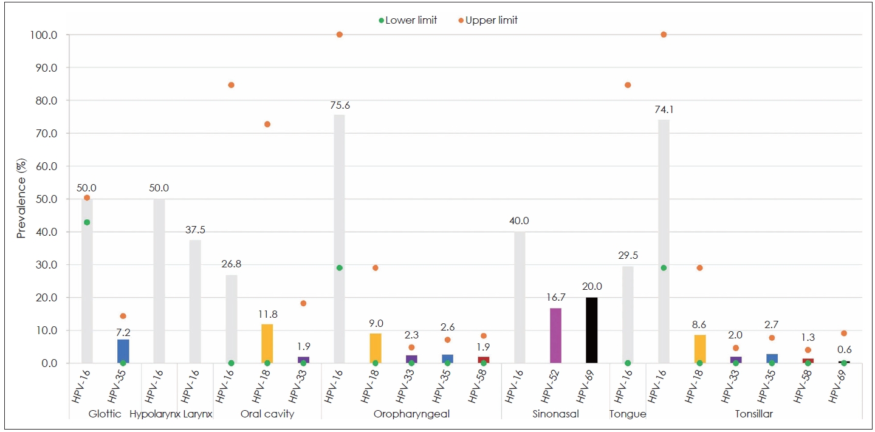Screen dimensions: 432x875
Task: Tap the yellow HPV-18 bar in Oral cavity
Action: tap(267, 343)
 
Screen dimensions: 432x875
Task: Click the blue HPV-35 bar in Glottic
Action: tap(123, 351)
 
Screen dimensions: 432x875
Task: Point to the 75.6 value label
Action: tap(339, 106)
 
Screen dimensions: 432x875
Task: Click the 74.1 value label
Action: tap(664, 110)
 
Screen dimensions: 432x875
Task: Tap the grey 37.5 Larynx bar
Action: tap(195, 301)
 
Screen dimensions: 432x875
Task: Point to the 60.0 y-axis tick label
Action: tap(46, 166)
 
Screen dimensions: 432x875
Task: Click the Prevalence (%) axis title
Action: tap(21, 199)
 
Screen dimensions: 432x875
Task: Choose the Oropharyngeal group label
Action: tap(411, 414)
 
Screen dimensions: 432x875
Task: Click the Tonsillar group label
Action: tap(753, 414)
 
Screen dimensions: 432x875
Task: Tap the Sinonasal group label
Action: tap(555, 414)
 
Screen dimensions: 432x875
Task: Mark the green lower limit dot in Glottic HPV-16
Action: tap(87, 222)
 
